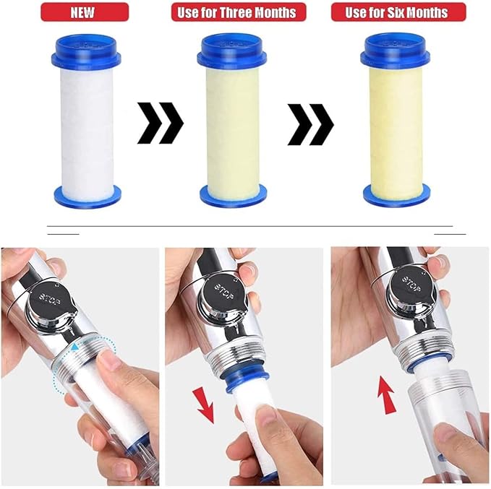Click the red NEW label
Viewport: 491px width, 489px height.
coord(85,12)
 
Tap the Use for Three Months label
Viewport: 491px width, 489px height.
coord(239,12)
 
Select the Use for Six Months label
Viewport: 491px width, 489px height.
coord(398,12)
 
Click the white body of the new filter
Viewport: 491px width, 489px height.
coord(87,129)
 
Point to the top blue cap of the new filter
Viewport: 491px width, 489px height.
coord(86,50)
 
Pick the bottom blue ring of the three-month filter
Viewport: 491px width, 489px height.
coord(234,194)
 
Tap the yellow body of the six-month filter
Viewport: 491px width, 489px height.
coord(396,129)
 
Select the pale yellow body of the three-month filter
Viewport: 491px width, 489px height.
coord(233,129)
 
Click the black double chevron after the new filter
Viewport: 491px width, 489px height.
coord(161,123)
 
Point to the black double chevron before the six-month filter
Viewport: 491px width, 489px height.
coord(311,124)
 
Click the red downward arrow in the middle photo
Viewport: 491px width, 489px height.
coord(204,404)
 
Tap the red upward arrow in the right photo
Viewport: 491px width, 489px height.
coord(387,395)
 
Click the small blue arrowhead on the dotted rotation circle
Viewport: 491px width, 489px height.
coord(74,347)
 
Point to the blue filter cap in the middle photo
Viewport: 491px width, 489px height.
coord(245,378)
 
